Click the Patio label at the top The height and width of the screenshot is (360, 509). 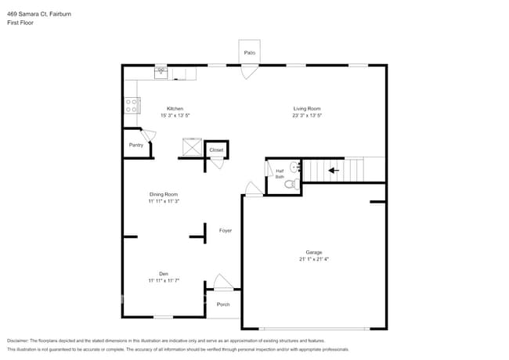tap(250, 52)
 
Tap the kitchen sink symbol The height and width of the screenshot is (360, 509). tap(161, 72)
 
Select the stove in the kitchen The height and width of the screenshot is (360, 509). tap(131, 105)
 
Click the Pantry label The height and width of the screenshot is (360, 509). tap(136, 145)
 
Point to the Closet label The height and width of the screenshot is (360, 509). tap(216, 149)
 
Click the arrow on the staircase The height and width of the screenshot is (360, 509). tap(332, 169)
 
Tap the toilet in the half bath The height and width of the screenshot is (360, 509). tap(290, 184)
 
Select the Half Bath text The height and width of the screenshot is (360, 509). tap(280, 174)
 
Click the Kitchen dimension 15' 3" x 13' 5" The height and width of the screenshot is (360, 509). tap(175, 115)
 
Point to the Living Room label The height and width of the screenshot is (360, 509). tap(307, 108)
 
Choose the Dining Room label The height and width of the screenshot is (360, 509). tap(164, 194)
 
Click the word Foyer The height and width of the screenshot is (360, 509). tap(225, 231)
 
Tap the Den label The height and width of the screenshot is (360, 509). tap(164, 273)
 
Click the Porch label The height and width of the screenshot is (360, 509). tap(223, 304)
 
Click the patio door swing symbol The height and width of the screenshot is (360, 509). tap(248, 73)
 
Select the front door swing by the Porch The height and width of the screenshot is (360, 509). tap(223, 282)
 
